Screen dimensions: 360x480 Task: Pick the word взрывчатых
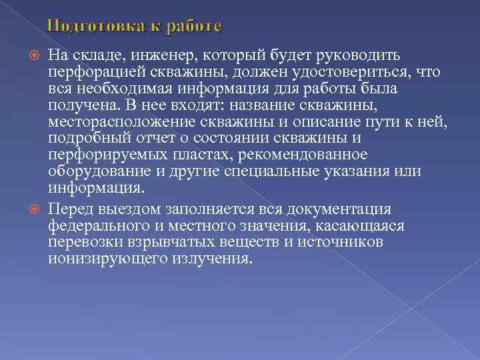157,242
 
